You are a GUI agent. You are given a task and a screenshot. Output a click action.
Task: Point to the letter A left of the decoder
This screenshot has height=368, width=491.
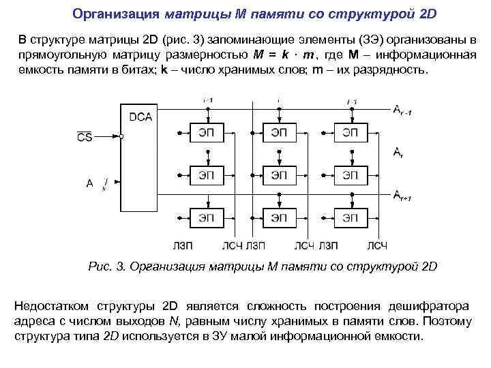click(x=89, y=183)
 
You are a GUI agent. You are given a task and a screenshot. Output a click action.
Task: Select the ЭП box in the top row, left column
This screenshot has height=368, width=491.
click(x=206, y=133)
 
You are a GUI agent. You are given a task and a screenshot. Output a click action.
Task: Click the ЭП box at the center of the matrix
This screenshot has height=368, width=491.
click(x=278, y=175)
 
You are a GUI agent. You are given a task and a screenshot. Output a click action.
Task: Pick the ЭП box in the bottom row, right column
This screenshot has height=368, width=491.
click(x=350, y=217)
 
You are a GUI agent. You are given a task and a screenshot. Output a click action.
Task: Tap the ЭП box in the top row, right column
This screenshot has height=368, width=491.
click(x=350, y=133)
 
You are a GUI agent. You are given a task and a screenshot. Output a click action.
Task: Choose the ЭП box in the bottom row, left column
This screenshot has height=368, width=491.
click(x=206, y=217)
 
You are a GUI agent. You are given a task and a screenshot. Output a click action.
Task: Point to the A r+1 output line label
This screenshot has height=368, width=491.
click(x=402, y=197)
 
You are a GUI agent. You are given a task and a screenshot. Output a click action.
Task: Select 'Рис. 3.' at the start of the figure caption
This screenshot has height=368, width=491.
click(x=105, y=266)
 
